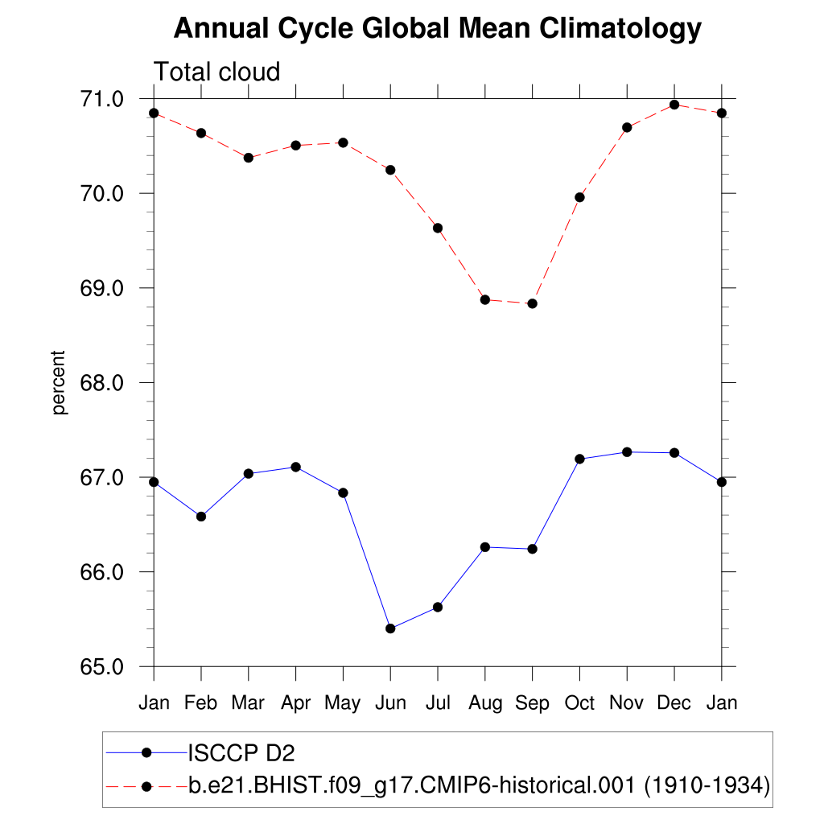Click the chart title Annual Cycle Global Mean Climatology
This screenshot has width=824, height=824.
tap(438, 29)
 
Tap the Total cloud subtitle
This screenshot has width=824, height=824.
tap(216, 72)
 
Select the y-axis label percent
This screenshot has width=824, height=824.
tap(59, 382)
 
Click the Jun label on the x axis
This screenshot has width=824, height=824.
tap(390, 703)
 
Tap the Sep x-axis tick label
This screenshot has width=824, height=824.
tap(532, 703)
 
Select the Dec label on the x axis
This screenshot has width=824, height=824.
tap(674, 703)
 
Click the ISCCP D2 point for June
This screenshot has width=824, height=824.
tap(390, 628)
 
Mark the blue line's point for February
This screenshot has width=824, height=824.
tap(201, 517)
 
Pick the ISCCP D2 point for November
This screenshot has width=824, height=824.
tap(627, 452)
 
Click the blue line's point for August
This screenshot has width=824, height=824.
tap(485, 547)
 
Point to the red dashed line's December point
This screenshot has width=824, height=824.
tap(674, 105)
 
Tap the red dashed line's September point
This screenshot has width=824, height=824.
tap(532, 303)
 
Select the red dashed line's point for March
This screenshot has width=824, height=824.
tap(249, 158)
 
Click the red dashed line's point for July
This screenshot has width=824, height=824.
tap(438, 228)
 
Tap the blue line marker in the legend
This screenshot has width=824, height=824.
tap(146, 752)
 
